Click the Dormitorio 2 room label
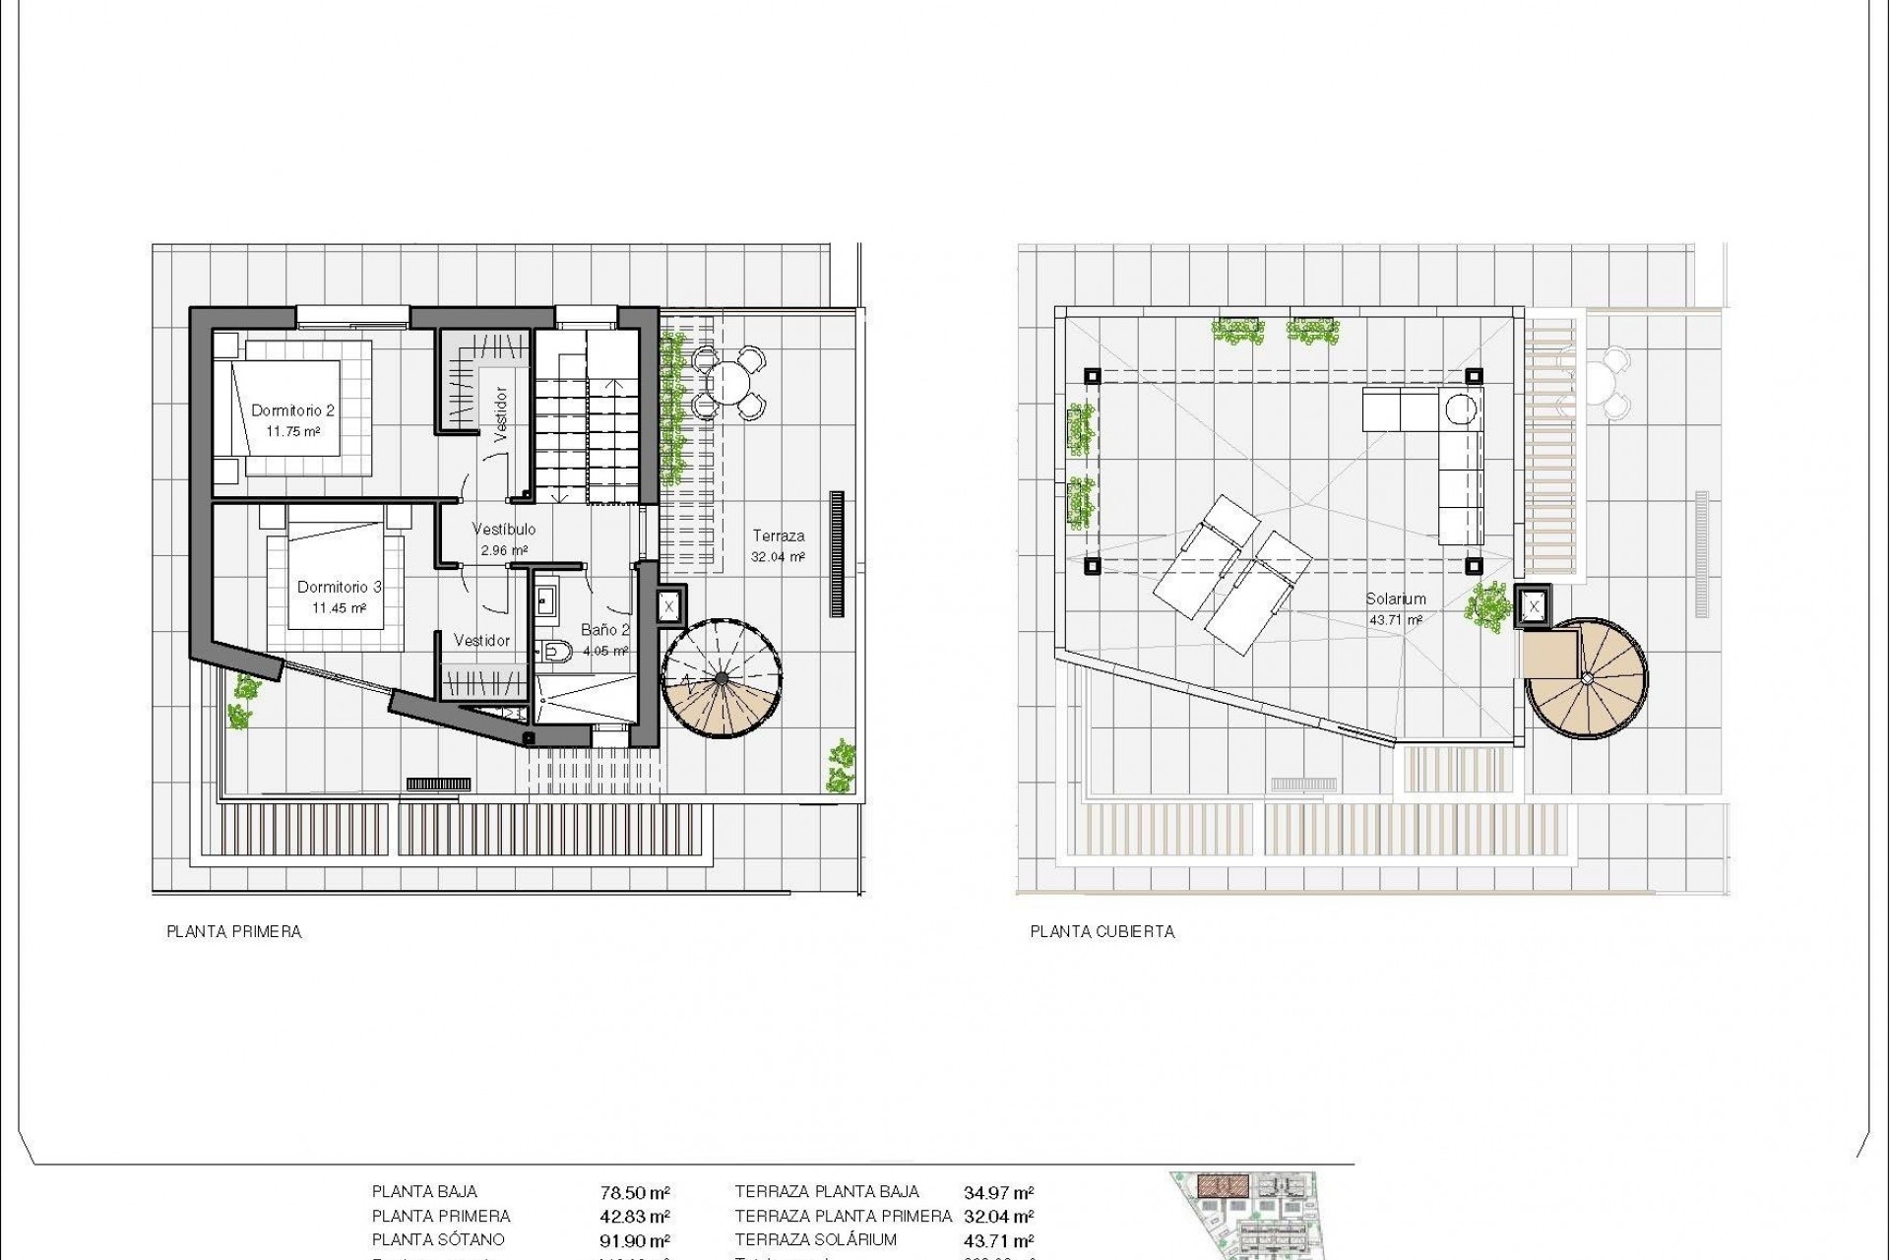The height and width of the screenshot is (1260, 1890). tap(293, 410)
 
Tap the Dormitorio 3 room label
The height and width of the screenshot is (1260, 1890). tap(340, 587)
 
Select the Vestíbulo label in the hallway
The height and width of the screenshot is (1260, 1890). tap(504, 530)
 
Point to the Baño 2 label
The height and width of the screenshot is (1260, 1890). tap(605, 630)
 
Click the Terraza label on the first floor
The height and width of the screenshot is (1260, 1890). tap(779, 536)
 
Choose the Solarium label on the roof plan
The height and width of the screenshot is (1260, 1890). tap(1396, 598)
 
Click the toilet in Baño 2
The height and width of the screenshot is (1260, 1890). tap(556, 650)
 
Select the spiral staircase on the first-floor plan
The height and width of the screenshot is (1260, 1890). tap(723, 678)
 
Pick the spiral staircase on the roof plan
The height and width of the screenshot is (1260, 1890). tap(1586, 678)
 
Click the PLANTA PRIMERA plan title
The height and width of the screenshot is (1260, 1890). tap(234, 931)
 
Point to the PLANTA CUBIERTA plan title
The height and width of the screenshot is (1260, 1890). tap(1102, 931)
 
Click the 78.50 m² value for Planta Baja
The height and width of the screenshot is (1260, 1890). tap(636, 1193)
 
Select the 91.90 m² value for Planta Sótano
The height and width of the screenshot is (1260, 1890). tap(636, 1241)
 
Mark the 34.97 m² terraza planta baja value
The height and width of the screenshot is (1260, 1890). tap(998, 1193)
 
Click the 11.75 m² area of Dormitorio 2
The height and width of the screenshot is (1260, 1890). tap(293, 431)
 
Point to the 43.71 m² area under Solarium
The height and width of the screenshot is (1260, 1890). tap(1396, 620)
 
